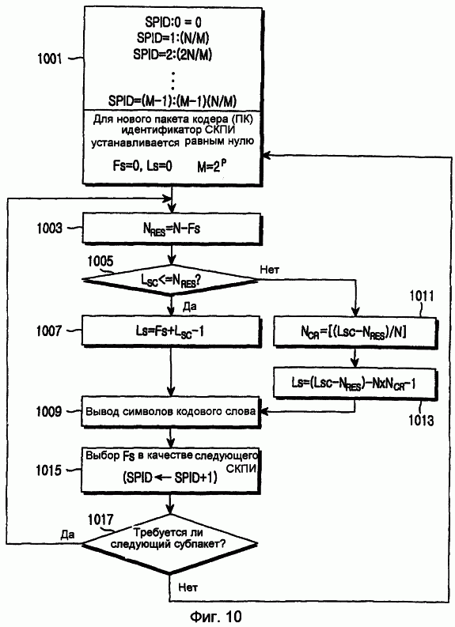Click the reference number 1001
[x=49, y=59]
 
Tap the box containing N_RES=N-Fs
[x=171, y=229]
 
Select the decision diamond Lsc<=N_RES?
[x=171, y=281]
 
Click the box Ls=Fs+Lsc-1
[x=171, y=330]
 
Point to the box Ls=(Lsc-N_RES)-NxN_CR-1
[x=354, y=383]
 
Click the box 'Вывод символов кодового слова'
[x=171, y=412]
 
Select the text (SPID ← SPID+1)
[x=170, y=477]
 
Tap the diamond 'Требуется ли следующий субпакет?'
[x=170, y=544]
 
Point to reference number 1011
[x=422, y=296]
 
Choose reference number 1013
[x=421, y=421]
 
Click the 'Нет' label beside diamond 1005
[x=269, y=270]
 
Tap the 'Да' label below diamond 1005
[x=189, y=306]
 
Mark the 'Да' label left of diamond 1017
[x=67, y=534]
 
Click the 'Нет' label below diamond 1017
[x=188, y=587]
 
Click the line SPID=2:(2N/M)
[x=173, y=55]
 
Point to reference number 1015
[x=49, y=470]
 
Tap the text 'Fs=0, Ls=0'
[x=142, y=166]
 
